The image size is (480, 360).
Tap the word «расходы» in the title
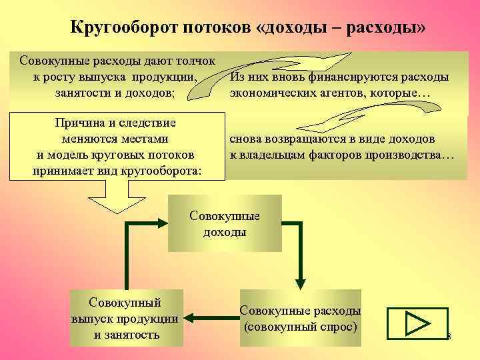coord(391,28)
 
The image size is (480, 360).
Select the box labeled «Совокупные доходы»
coord(225,224)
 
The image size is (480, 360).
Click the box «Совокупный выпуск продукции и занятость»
coord(126,317)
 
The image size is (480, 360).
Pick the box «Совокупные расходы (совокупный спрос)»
coord(299,318)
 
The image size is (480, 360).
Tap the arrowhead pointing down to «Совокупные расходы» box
coord(299,281)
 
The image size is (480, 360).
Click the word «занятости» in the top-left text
coord(83,93)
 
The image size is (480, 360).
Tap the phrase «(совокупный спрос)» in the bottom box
coord(300,327)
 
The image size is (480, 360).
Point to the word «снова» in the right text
coord(248,139)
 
